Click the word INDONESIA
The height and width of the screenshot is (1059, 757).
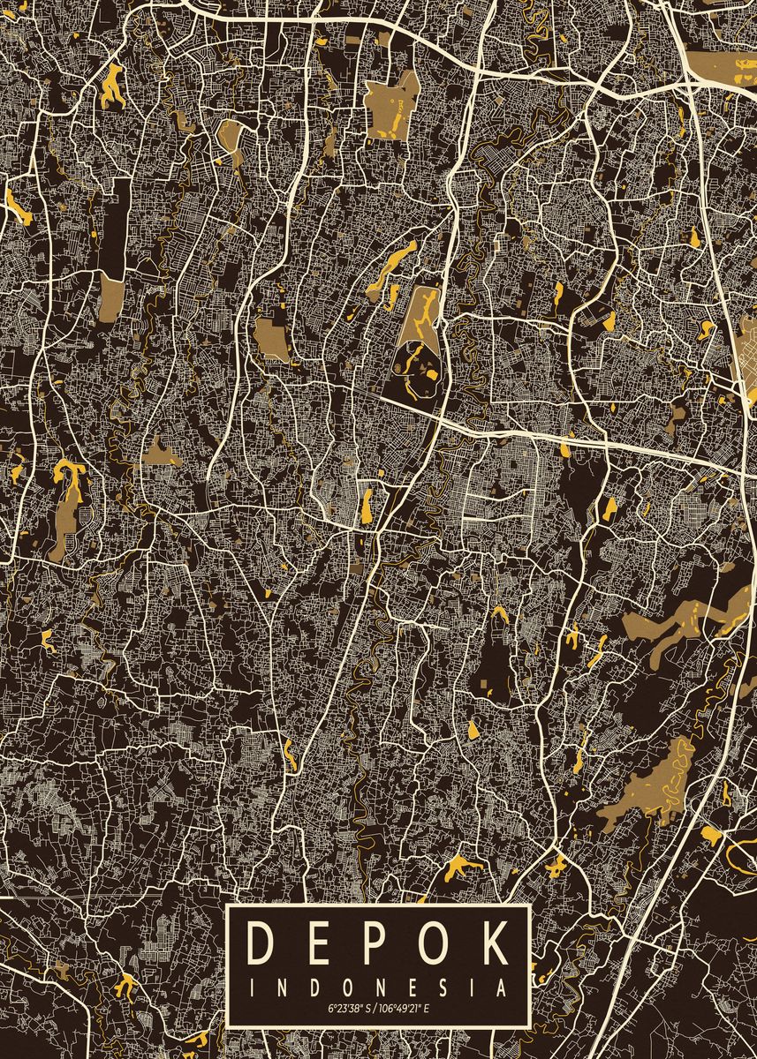pyautogui.click(x=378, y=986)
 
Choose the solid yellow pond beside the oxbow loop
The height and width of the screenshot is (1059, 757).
pyautogui.click(x=710, y=835)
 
